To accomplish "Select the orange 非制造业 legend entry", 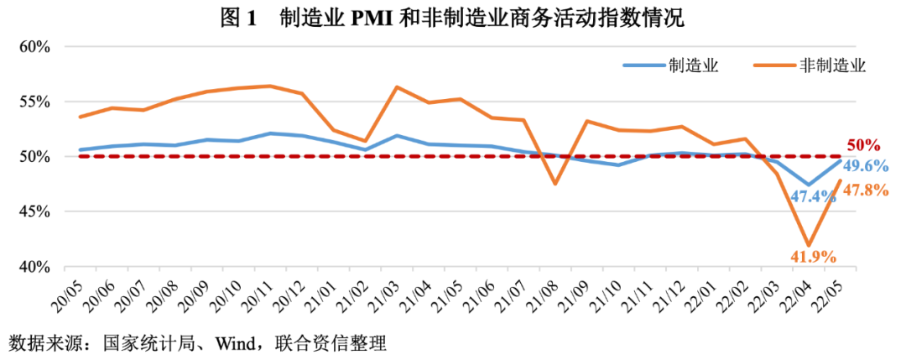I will (x=831, y=65).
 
